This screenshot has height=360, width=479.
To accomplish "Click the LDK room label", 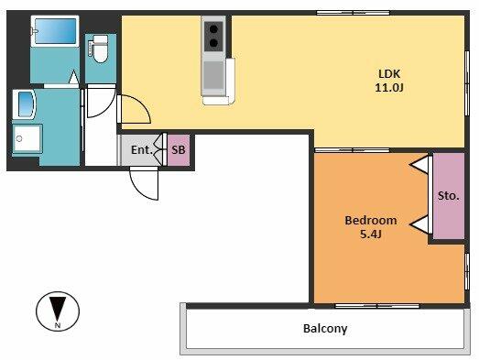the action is pyautogui.click(x=389, y=74).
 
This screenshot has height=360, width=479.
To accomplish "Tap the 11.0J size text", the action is pyautogui.click(x=389, y=88).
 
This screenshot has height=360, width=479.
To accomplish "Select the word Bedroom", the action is pyautogui.click(x=371, y=221).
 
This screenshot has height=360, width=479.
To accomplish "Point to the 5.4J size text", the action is pyautogui.click(x=371, y=235).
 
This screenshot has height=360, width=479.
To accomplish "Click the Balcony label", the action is pyautogui.click(x=325, y=329).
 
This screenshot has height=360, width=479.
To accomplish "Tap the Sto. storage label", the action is pyautogui.click(x=448, y=196).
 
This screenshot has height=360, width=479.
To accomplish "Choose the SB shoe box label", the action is pyautogui.click(x=179, y=150).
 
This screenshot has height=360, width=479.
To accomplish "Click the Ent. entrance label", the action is pyautogui.click(x=142, y=150).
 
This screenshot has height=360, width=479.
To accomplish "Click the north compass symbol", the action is pyautogui.click(x=58, y=311).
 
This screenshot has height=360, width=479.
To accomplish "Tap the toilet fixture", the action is pyautogui.click(x=100, y=49).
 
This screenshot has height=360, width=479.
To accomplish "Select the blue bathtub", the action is pyautogui.click(x=55, y=31).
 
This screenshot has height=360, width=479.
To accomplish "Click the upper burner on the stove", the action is pyautogui.click(x=213, y=29).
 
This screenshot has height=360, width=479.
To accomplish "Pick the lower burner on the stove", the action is pyautogui.click(x=213, y=43).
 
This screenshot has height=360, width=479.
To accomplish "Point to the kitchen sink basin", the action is pyautogui.click(x=213, y=75).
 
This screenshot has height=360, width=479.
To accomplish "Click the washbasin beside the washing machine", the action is pyautogui.click(x=26, y=104).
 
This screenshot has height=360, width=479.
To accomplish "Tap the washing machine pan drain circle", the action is pyautogui.click(x=19, y=138).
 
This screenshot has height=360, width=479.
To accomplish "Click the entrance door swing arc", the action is pyautogui.click(x=139, y=191).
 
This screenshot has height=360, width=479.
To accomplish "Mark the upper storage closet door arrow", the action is pyautogui.click(x=419, y=165).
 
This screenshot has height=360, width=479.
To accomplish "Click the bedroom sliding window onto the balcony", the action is pyautogui.click(x=377, y=306).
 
